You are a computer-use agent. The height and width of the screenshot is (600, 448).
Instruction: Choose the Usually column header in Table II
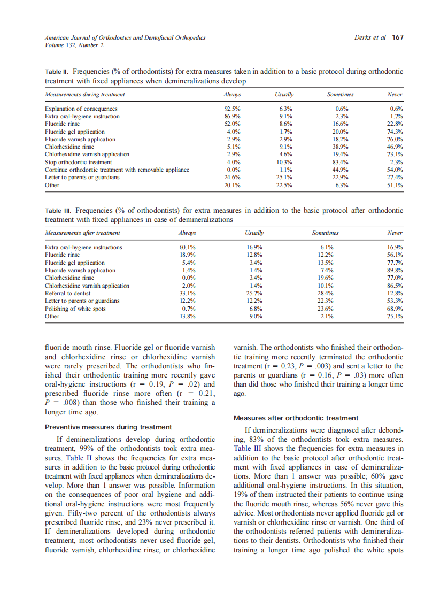284,95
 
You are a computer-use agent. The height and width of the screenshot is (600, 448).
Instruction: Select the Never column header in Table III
395,233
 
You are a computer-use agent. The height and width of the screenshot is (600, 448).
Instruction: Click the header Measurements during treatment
85,95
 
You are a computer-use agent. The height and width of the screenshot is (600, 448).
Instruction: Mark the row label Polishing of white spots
75,309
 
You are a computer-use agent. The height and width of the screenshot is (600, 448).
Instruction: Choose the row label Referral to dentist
68,293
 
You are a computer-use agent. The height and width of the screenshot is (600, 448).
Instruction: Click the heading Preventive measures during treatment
108,427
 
